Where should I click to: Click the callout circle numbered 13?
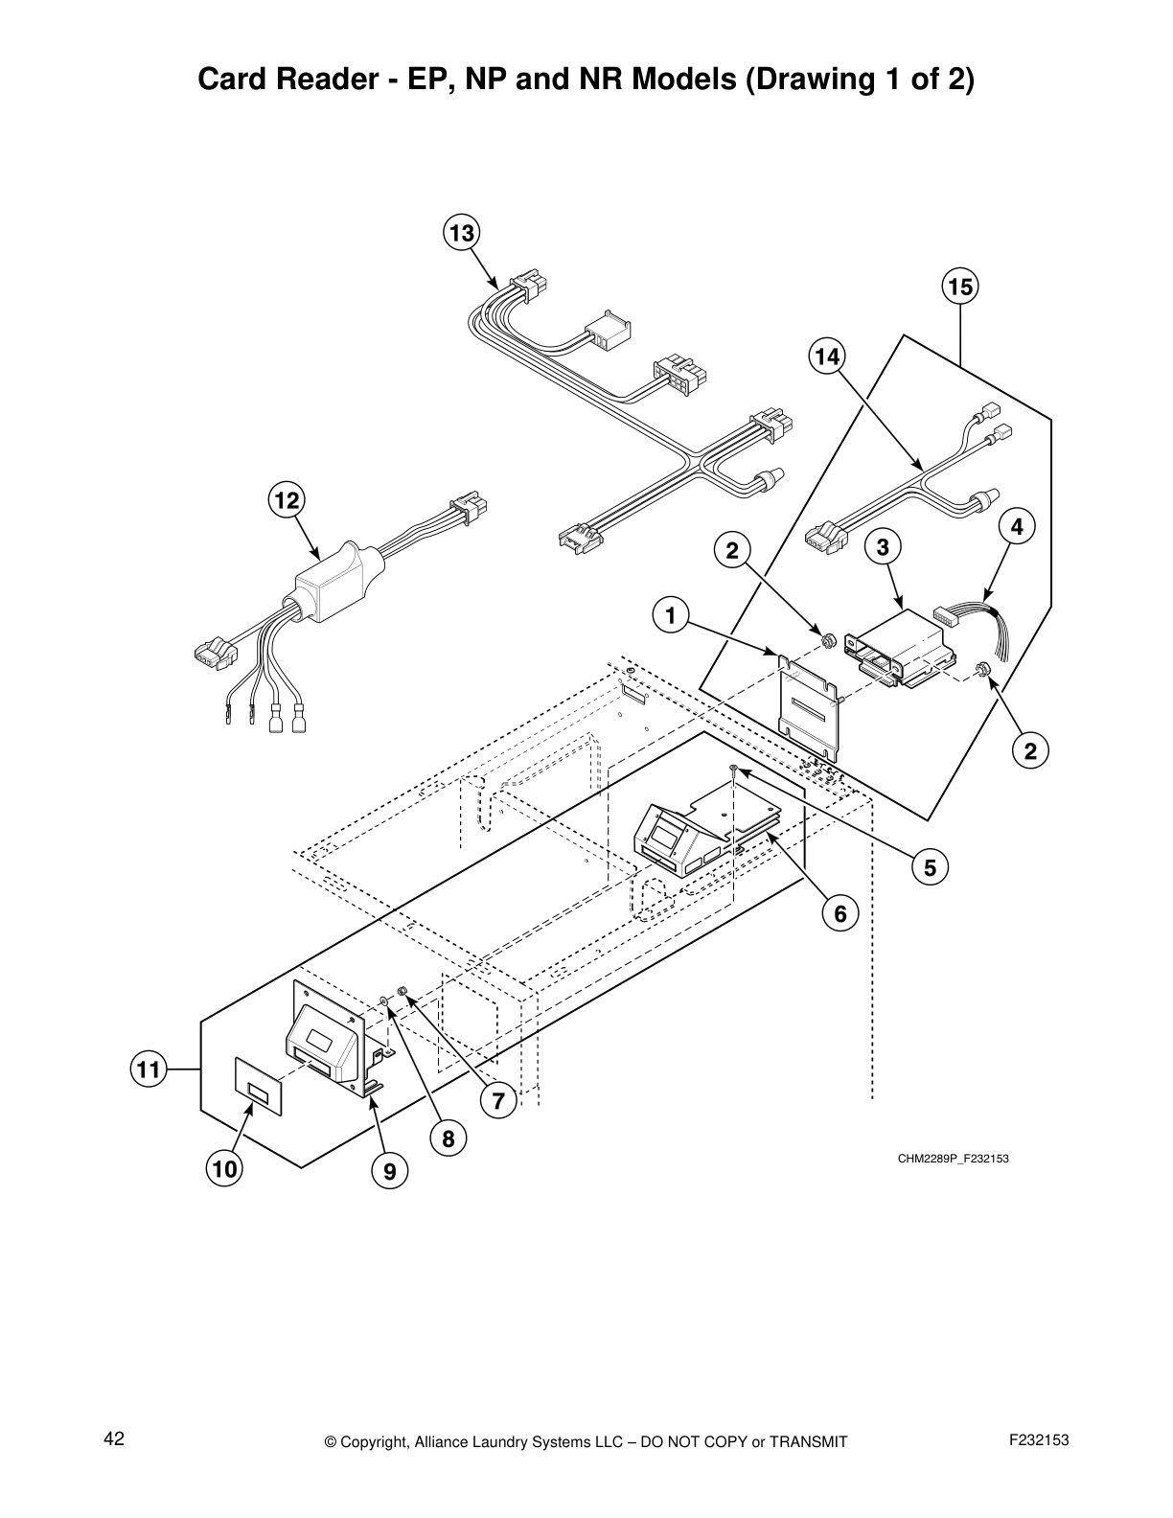click(462, 234)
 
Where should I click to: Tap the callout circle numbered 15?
click(959, 287)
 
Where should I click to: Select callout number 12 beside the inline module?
click(286, 499)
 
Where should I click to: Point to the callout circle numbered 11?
click(148, 1069)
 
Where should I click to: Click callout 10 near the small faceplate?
click(224, 1169)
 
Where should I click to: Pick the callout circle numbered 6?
click(840, 913)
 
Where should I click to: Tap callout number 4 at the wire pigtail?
click(1017, 526)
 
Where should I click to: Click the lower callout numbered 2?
click(1030, 750)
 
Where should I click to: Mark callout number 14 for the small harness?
click(826, 357)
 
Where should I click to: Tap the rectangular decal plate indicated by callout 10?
click(258, 1086)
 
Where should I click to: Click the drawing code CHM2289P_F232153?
click(953, 1159)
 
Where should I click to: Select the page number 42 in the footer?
click(114, 1439)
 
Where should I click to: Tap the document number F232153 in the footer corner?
click(1039, 1440)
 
